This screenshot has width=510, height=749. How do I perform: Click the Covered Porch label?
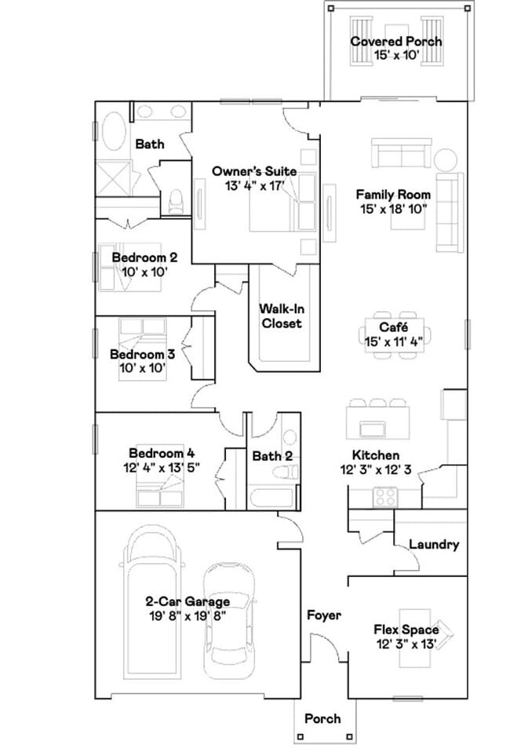(395, 42)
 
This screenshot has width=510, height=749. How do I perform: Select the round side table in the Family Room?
(446, 159)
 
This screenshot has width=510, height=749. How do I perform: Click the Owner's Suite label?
(254, 171)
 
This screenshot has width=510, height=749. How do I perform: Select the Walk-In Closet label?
(281, 316)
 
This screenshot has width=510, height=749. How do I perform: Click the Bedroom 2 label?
(144, 258)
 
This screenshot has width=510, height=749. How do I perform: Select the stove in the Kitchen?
(384, 495)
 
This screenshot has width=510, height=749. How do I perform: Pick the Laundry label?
(434, 544)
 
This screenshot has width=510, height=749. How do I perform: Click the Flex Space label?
(406, 630)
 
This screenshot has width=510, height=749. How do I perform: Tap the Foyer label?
(323, 616)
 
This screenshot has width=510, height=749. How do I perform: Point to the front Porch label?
(322, 718)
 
